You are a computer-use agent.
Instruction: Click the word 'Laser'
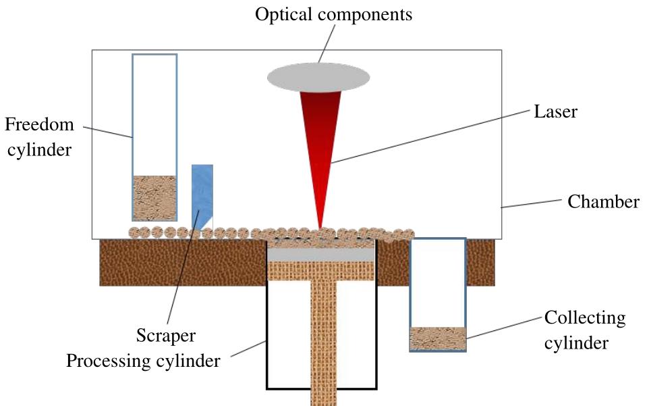pos(555,111)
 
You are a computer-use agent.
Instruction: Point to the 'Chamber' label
pos(603,201)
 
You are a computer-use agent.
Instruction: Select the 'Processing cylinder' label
pos(143,361)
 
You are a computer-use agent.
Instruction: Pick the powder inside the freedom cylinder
pos(154,197)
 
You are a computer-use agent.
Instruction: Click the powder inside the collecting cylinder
pos(438,338)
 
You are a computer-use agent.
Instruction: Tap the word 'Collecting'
pos(584,318)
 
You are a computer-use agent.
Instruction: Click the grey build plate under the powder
pos(321,254)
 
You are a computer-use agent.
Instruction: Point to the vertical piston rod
pos(322,338)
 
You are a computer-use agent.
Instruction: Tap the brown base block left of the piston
pos(182,262)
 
